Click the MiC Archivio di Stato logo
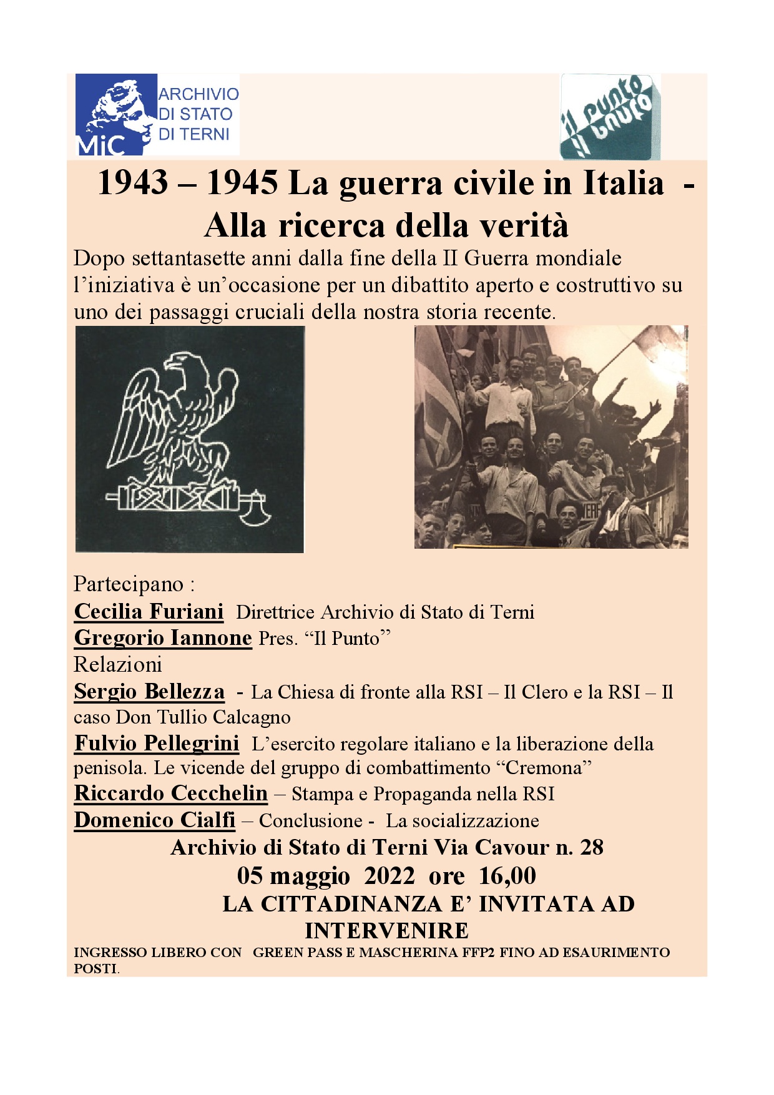tap(157, 114)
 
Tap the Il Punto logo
tap(610, 117)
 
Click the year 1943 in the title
tap(133, 183)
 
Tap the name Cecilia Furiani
tap(149, 612)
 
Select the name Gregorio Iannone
tap(163, 638)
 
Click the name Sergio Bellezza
tap(149, 692)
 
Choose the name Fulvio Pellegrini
tap(157, 744)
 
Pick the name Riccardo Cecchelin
tap(170, 793)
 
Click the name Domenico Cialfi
tap(154, 820)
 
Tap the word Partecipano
tap(129, 584)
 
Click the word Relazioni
tap(118, 665)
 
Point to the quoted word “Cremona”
tap(544, 768)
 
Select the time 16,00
tap(507, 876)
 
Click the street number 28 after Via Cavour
tap(591, 847)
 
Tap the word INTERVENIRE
tap(386, 931)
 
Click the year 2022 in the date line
tap(389, 876)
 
